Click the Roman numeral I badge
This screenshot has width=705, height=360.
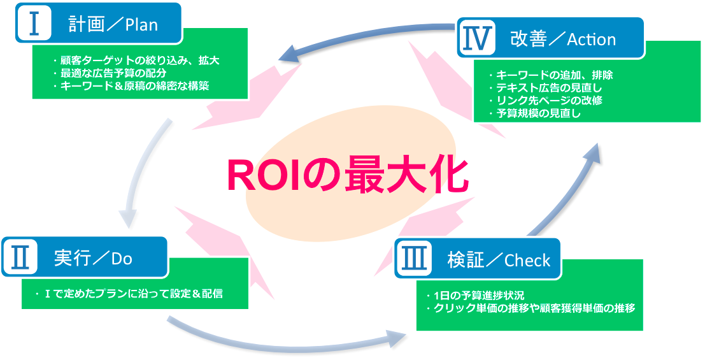point(33,24)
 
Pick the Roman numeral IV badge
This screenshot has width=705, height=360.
point(475,38)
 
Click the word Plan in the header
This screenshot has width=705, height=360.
point(141,25)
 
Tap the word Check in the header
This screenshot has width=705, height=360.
point(527,260)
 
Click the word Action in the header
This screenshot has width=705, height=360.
point(591,40)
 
